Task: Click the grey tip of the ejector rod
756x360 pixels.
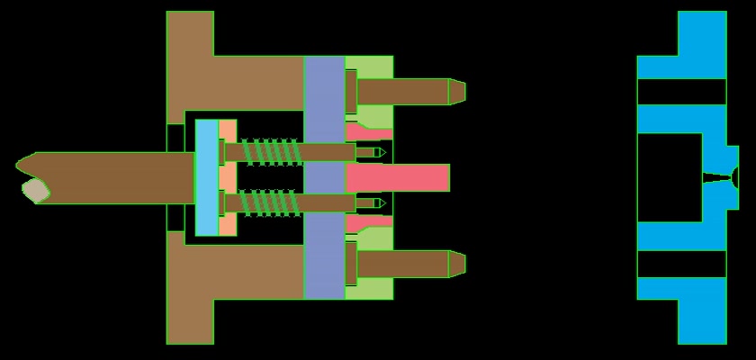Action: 35,190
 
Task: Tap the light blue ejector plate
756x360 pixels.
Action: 207,177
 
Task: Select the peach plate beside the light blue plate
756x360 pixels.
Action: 228,177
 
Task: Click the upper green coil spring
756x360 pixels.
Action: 270,151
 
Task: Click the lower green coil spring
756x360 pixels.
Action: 270,203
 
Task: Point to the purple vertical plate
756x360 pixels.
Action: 324,177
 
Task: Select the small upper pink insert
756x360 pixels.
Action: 367,132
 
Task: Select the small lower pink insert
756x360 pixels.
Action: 367,222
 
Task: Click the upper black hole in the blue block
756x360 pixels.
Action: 681,92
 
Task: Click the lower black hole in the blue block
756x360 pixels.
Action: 681,264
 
